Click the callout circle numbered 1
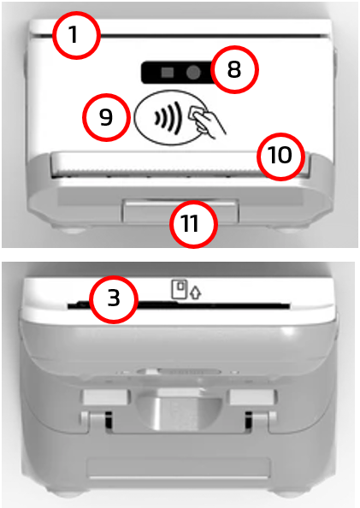(x=76, y=35)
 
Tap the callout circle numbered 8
(x=234, y=69)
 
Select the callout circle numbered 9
(x=106, y=117)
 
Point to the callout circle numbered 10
(x=281, y=157)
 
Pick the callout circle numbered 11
(x=193, y=224)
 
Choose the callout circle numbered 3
(x=114, y=299)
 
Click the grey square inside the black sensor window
(x=168, y=72)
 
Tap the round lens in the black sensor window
(x=193, y=72)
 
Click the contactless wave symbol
(x=168, y=118)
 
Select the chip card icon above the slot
(x=180, y=289)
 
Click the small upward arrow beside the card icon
(x=196, y=292)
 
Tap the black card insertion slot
(x=179, y=305)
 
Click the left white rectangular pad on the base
(x=105, y=397)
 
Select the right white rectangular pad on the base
(x=253, y=397)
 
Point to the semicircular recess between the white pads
(x=180, y=410)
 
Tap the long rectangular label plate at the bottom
(x=179, y=469)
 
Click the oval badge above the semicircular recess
(x=179, y=372)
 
